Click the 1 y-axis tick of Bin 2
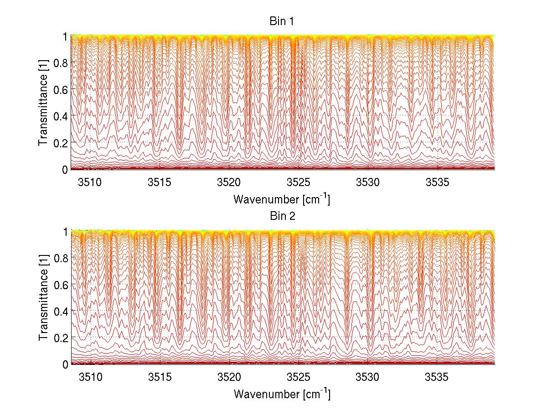click(65, 231)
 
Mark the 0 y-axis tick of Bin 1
click(65, 170)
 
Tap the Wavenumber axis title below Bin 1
click(281, 199)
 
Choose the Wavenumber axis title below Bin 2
click(281, 394)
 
